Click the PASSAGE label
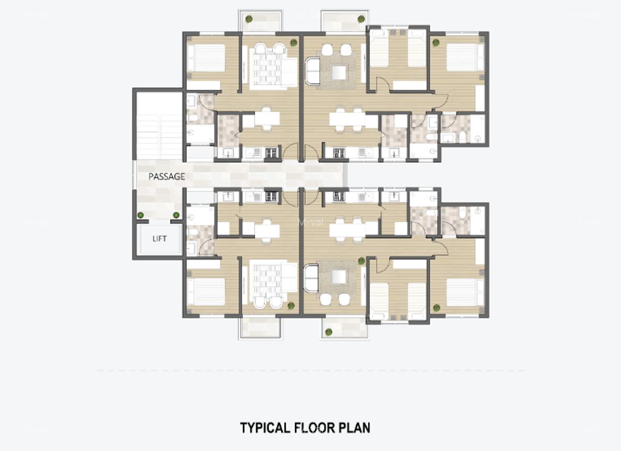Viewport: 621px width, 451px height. (167, 177)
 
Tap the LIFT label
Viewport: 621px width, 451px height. (160, 239)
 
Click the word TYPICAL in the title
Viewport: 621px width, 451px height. (264, 428)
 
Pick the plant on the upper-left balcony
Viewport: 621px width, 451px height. (249, 19)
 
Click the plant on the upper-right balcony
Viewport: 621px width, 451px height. (361, 19)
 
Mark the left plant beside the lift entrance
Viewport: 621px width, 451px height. (140, 215)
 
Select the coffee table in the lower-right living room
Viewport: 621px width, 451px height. (339, 277)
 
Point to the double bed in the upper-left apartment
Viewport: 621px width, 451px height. (206, 58)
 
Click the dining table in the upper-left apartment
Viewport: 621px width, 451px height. (267, 119)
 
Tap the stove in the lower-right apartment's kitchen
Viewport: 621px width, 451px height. (339, 196)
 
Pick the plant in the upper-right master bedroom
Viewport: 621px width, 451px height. (436, 43)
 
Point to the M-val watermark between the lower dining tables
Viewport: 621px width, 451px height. (311, 222)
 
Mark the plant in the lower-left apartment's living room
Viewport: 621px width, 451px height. (291, 306)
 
